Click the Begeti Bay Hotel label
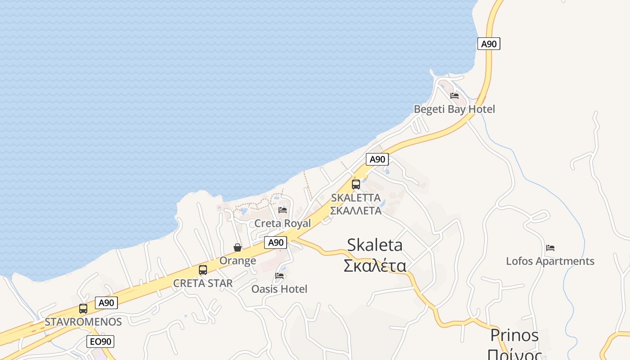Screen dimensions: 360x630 454,109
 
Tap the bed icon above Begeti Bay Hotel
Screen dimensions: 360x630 454,95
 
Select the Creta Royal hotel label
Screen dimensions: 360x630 283,224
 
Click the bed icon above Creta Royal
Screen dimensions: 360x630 283,210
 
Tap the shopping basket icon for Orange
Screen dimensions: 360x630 238,247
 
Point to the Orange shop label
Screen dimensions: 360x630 238,261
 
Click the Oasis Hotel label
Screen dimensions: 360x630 279,289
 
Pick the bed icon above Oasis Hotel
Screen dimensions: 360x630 279,275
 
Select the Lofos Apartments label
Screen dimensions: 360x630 550,261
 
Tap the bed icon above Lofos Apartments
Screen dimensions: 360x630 550,247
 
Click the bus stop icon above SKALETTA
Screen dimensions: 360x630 356,184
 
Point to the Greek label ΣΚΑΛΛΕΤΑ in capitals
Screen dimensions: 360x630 355,211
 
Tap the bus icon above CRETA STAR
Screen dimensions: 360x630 203,270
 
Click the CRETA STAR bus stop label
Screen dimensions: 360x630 203,283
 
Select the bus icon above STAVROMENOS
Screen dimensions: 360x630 83,309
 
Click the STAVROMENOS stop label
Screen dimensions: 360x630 83,322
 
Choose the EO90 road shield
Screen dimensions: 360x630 100,342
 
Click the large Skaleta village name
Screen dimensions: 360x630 375,245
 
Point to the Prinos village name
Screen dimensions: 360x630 514,336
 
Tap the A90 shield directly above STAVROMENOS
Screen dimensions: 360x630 107,303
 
